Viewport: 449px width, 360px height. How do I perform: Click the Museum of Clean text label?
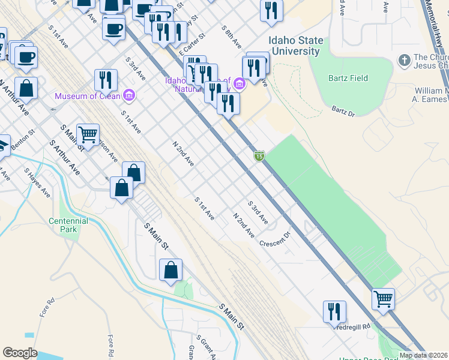click(88, 96)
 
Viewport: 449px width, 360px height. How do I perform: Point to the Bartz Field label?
click(348, 78)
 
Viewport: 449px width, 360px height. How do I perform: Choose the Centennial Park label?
click(68, 225)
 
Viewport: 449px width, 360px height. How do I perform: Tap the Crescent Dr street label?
click(274, 238)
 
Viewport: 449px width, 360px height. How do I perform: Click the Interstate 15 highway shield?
click(259, 156)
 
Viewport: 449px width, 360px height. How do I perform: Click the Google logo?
click(20, 353)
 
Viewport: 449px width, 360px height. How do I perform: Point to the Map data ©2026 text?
click(424, 355)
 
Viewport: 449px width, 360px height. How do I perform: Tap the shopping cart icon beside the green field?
click(383, 298)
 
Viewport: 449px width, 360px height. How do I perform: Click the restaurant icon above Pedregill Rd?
click(334, 311)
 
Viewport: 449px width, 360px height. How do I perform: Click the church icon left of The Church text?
click(404, 60)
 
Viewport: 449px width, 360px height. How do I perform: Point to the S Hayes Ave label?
click(37, 181)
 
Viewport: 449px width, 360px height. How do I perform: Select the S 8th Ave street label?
click(231, 37)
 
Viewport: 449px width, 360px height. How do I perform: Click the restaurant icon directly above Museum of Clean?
click(106, 80)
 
